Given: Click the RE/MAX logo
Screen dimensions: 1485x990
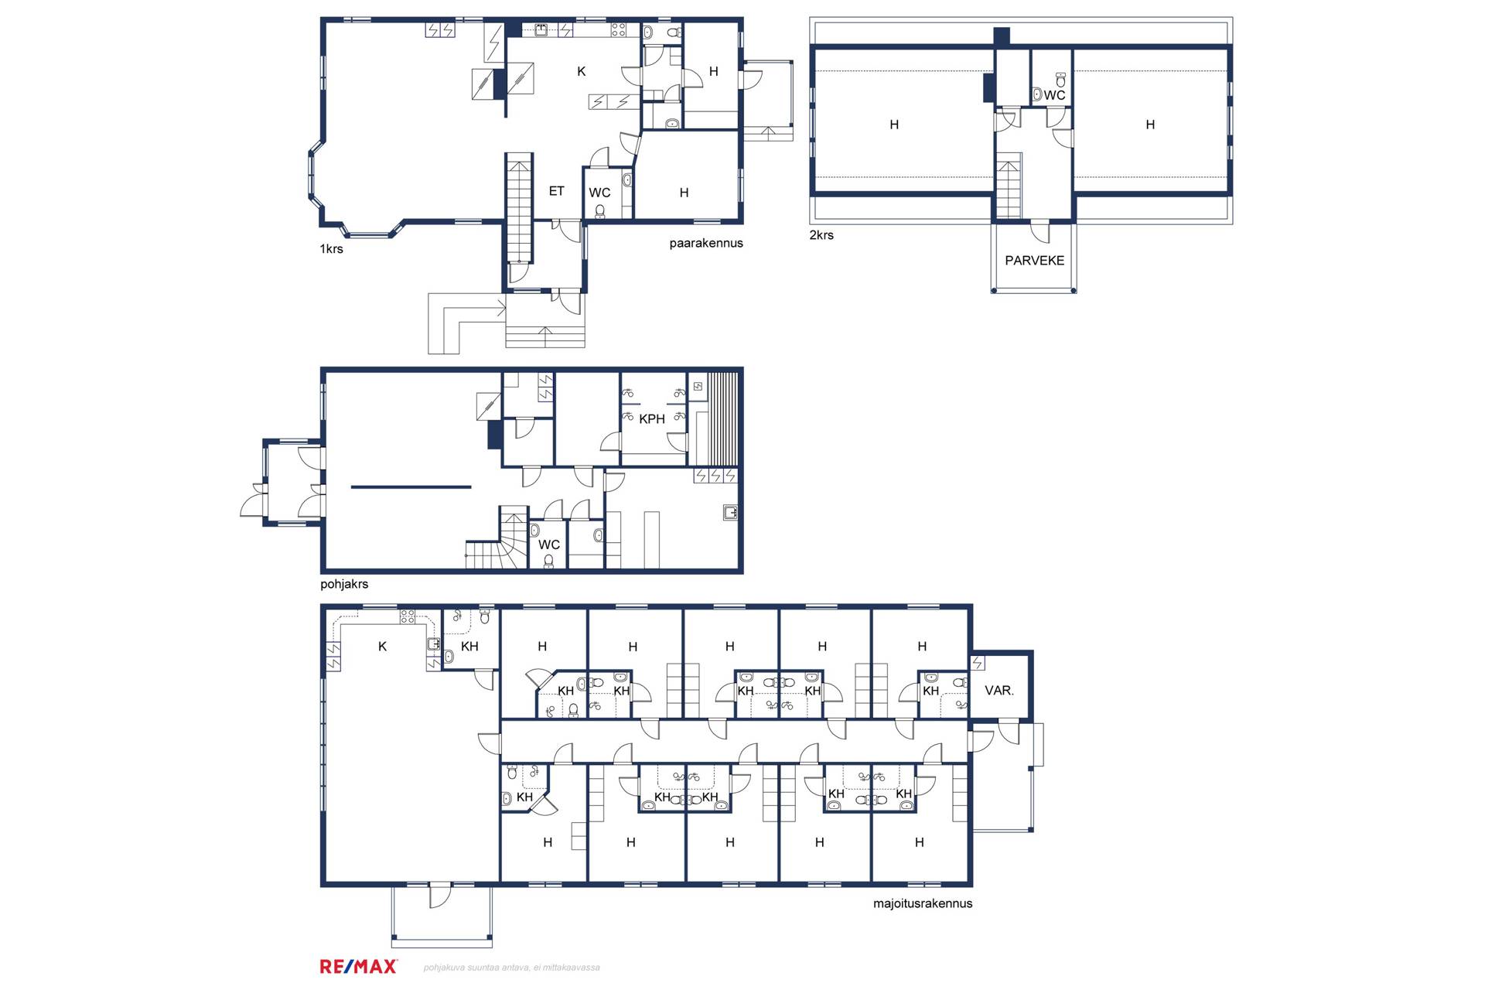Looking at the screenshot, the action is click(x=358, y=966).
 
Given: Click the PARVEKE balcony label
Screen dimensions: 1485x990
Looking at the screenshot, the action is click(x=1034, y=261).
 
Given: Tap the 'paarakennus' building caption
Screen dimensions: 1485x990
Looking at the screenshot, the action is click(x=705, y=243).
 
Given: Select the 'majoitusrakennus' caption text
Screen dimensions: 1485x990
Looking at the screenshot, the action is click(x=923, y=903).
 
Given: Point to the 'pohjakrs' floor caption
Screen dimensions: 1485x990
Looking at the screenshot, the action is click(x=344, y=584).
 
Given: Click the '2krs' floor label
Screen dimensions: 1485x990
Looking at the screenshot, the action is click(x=821, y=235).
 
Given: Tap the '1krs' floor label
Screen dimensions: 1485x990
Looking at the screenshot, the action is click(x=331, y=249).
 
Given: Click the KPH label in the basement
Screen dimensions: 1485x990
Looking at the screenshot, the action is click(x=652, y=419).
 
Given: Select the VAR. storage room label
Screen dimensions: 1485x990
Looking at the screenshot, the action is click(x=999, y=691).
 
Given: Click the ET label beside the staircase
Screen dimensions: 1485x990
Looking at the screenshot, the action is click(x=557, y=191).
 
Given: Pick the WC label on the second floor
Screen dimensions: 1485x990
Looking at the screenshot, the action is click(x=1054, y=95).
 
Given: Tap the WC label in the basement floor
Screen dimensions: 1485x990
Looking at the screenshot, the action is click(x=549, y=545).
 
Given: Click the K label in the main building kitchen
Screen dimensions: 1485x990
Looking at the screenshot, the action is click(x=582, y=72).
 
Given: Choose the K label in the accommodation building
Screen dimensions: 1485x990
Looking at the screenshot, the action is click(x=382, y=647).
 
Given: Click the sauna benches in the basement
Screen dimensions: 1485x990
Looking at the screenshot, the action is click(x=723, y=418).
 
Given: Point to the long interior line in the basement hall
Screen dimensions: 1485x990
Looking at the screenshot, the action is click(x=411, y=487).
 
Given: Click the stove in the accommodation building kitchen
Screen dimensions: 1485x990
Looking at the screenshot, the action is click(x=408, y=617).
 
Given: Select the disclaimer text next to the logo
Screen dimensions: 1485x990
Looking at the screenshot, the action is click(x=511, y=968).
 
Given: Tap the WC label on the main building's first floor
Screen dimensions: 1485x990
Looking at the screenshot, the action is click(x=599, y=193).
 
